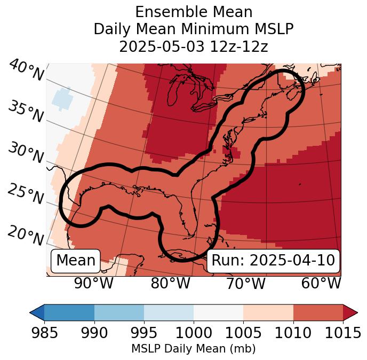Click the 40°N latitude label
point(26,71)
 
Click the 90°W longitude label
point(94,284)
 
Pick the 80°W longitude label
point(170,284)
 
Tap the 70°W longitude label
point(246,284)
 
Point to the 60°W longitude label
point(321,284)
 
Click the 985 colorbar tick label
point(44,333)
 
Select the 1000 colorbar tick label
point(194,333)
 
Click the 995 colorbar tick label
point(144,333)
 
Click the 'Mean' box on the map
point(76,261)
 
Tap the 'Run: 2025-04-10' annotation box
point(273,261)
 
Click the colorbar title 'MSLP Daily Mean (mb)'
point(193,349)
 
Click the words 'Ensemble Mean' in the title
point(193,12)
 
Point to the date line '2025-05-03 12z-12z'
point(193,46)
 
